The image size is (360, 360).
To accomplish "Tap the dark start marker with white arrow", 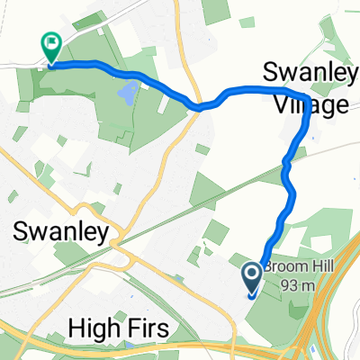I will click(x=252, y=275).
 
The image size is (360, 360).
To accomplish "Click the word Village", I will click(x=308, y=106).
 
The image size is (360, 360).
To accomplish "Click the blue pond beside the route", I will click(x=130, y=91).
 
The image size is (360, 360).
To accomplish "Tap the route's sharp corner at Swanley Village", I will click(x=307, y=97).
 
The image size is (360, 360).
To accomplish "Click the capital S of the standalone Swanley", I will click(x=22, y=232).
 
